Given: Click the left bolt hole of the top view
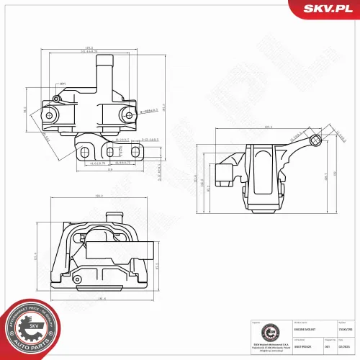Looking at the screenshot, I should point(49,114).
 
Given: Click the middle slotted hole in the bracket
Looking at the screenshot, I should point(109,153).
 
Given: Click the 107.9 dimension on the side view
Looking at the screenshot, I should point(268,127).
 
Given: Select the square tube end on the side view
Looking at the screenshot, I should point(315,141).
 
